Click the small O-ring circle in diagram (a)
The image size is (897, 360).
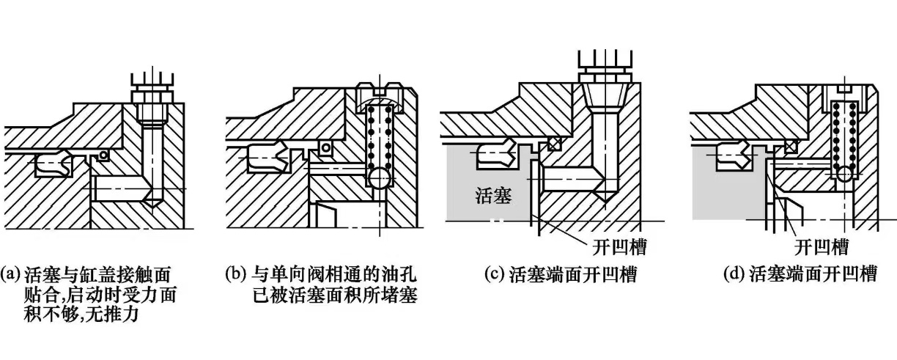[x=105, y=155]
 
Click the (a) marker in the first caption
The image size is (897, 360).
[x=12, y=275]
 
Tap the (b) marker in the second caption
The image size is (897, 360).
[x=236, y=275]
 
